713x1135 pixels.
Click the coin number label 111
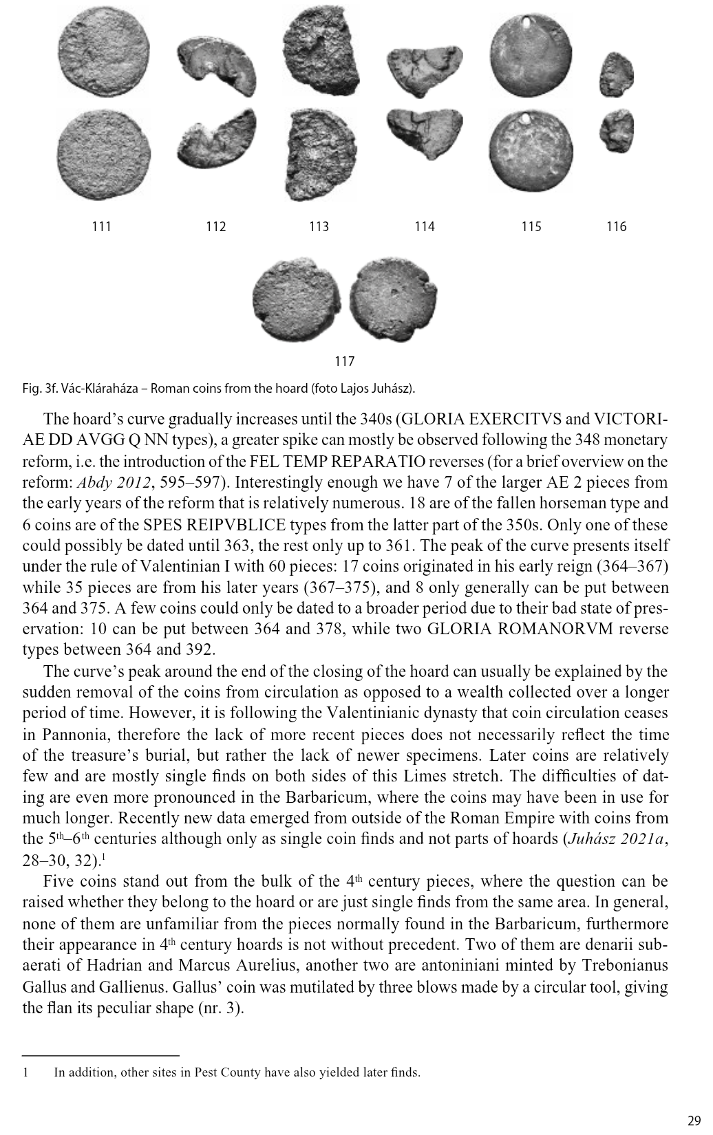[101, 226]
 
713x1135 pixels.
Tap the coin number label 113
[319, 226]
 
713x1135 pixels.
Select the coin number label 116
[616, 226]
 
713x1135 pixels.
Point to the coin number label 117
[344, 361]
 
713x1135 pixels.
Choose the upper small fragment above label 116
[616, 74]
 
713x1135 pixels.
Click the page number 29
[693, 1118]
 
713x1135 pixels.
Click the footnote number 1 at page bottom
[25, 1072]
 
